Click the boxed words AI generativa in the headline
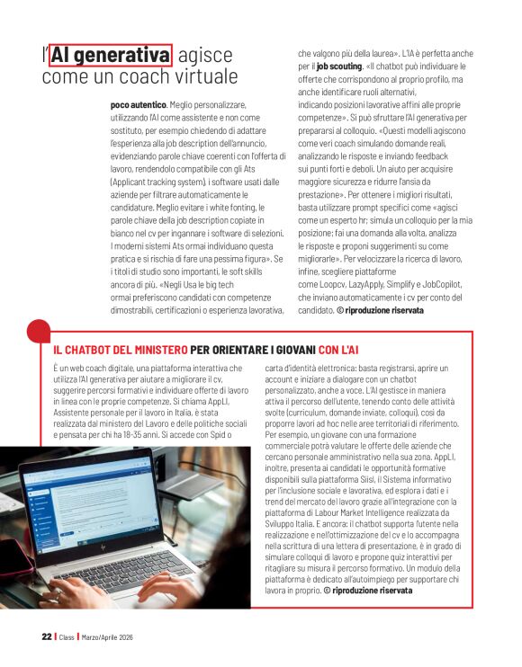point(111,56)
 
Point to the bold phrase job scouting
point(337,67)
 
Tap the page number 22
point(46,636)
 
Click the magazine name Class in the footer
point(67,636)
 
